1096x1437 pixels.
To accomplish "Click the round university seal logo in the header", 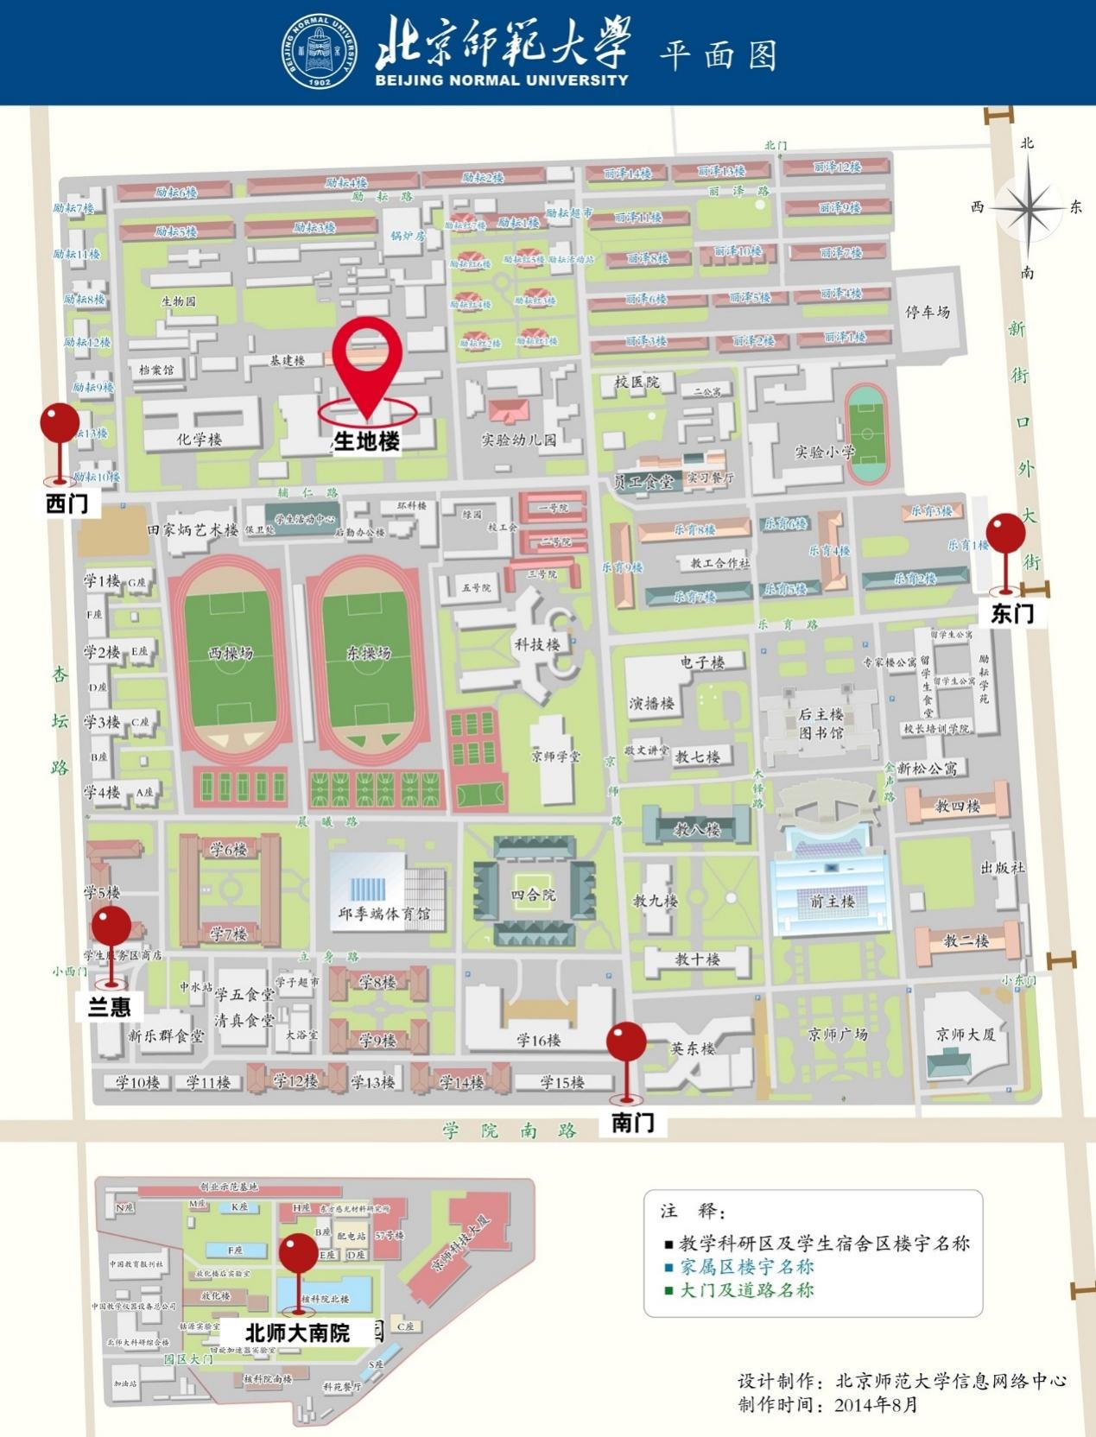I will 319,54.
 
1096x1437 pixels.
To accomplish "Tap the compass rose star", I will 1027,208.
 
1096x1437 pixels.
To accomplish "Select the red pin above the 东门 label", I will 1005,533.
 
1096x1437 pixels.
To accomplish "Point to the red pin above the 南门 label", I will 626,1042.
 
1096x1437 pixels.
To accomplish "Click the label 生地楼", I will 367,441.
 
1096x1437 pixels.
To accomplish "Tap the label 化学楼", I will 200,439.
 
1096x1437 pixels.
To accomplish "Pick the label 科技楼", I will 537,644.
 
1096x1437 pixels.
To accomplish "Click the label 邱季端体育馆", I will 383,914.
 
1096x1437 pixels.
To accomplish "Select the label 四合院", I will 533,895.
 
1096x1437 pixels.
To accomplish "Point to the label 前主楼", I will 832,901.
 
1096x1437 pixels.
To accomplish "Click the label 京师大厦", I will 966,1034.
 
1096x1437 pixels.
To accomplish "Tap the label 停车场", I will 928,312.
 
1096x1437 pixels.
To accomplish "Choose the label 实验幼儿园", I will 519,440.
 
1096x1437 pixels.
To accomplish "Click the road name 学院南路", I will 510,1130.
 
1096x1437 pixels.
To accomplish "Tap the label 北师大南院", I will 297,1333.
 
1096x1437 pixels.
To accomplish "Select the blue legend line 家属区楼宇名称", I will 747,1267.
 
